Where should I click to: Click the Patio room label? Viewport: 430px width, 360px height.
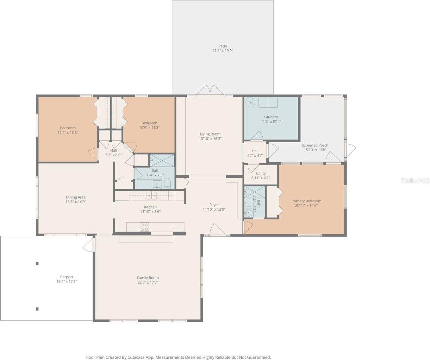pos(223,46)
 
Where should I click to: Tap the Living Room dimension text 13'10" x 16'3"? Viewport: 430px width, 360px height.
pos(210,139)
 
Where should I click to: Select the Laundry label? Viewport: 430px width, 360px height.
pos(271,117)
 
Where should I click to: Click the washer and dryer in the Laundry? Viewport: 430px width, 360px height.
pos(268,102)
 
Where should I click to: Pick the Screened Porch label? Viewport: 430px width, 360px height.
pos(315,145)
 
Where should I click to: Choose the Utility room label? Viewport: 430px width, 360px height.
pos(260,173)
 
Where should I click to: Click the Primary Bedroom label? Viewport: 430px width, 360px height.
pos(306,201)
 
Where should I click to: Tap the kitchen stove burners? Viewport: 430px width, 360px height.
pos(144,227)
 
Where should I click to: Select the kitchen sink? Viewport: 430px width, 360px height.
pos(152,196)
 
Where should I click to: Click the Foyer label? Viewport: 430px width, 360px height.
pos(214,205)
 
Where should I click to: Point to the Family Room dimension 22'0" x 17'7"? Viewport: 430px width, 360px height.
pos(148,282)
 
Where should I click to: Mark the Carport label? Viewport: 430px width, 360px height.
pos(66,277)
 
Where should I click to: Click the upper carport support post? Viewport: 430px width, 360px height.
pos(37,264)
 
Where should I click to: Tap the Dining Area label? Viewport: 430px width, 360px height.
pos(76,197)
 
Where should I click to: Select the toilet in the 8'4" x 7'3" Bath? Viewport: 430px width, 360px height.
pos(167,183)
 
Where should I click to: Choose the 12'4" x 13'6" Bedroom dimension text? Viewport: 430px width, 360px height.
pos(68,133)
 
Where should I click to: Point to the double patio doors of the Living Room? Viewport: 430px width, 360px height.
pos(210,90)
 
